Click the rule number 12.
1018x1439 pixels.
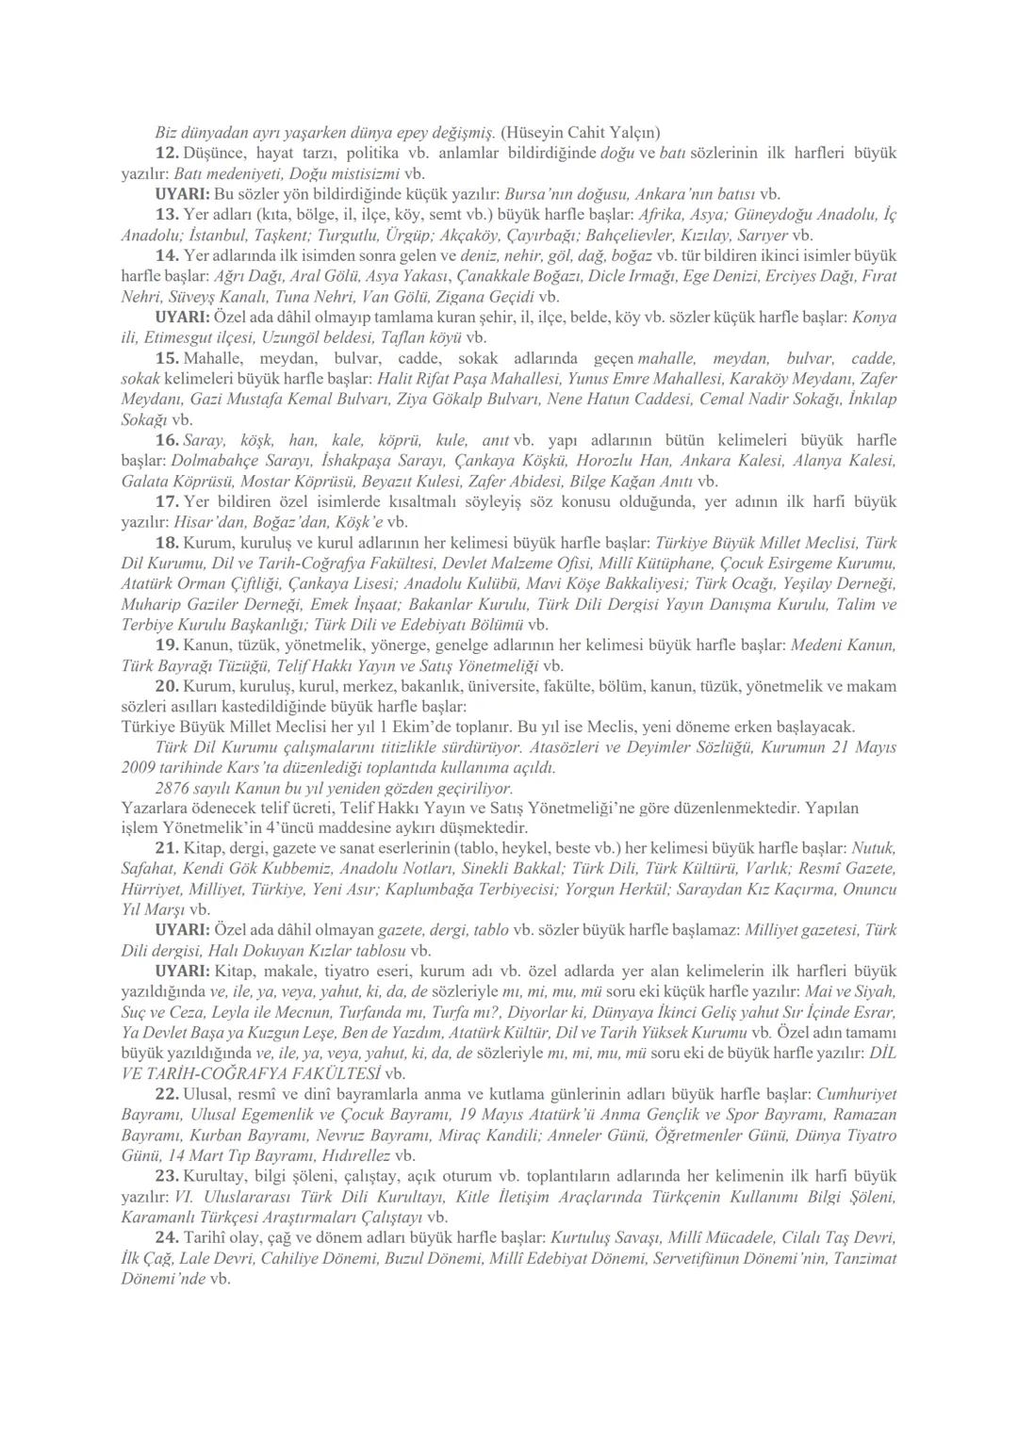click(166, 153)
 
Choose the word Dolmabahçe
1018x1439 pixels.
click(213, 462)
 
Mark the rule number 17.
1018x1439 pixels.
click(166, 501)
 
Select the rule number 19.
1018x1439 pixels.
click(166, 646)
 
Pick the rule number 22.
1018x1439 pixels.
click(166, 1095)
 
